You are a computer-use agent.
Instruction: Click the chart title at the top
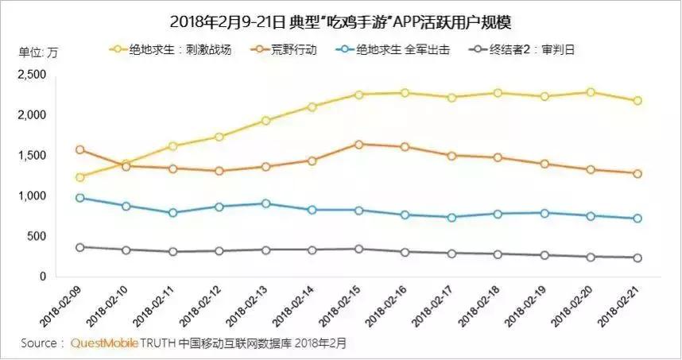click(x=342, y=19)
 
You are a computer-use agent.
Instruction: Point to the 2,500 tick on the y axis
click(x=33, y=75)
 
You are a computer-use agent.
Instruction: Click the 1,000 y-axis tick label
click(x=33, y=196)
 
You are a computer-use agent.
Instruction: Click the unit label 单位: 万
click(x=38, y=52)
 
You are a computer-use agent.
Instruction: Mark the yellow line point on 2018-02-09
click(x=79, y=177)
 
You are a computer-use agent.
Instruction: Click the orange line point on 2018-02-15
click(x=358, y=145)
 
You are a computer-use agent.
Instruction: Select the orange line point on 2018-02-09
click(x=79, y=149)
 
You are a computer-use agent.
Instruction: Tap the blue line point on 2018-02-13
click(x=265, y=203)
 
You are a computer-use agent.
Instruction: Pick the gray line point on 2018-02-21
click(x=637, y=257)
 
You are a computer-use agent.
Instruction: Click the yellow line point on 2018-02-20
click(x=591, y=92)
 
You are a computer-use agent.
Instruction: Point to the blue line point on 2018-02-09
click(x=79, y=198)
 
